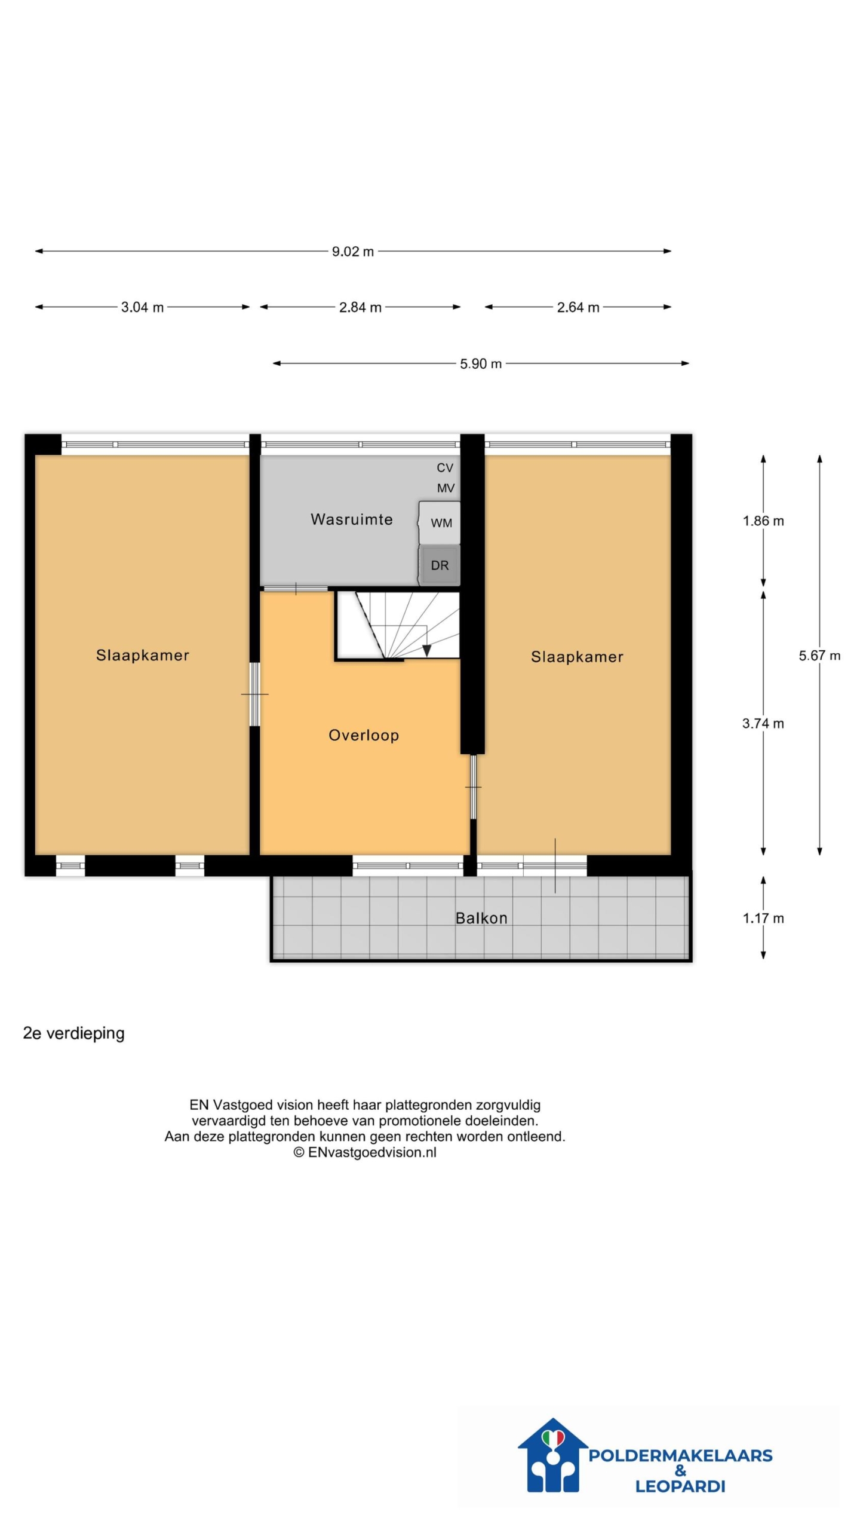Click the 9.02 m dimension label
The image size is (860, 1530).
pyautogui.click(x=352, y=252)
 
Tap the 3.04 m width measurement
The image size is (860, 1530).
pyautogui.click(x=142, y=307)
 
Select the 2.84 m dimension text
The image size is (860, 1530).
pyautogui.click(x=360, y=307)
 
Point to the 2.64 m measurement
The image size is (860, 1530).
pyautogui.click(x=578, y=307)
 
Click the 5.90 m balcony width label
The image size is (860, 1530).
pyautogui.click(x=481, y=363)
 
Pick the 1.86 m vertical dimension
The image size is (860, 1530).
pyautogui.click(x=763, y=521)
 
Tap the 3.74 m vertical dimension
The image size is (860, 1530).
pyautogui.click(x=763, y=724)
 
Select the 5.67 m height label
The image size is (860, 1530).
pyautogui.click(x=819, y=656)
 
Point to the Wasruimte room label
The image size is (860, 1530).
pyautogui.click(x=352, y=519)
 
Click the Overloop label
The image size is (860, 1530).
pyautogui.click(x=364, y=735)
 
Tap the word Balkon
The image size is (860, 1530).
pyautogui.click(x=481, y=918)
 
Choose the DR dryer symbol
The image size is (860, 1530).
pyautogui.click(x=440, y=565)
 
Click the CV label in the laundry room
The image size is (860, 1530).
pyautogui.click(x=445, y=468)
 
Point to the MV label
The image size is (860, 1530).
pyautogui.click(x=446, y=488)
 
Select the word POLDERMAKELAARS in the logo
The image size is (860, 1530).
pyautogui.click(x=680, y=1456)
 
